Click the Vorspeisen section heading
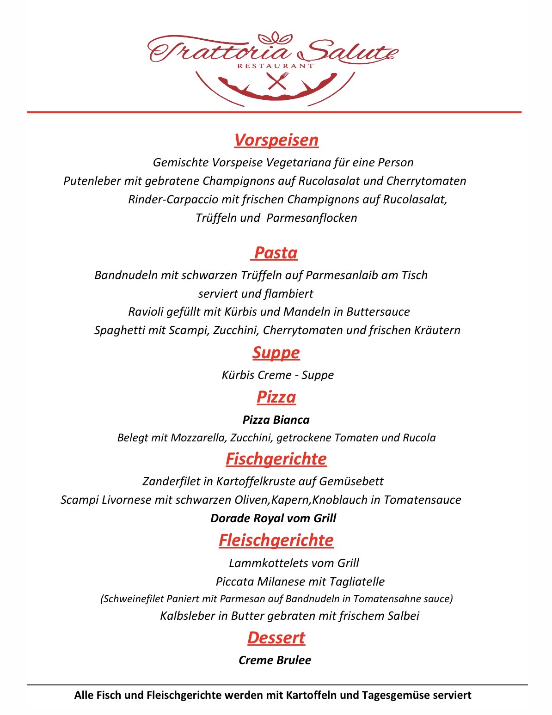click(276, 140)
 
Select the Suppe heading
click(276, 353)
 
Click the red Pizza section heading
click(276, 397)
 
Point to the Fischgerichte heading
click(276, 459)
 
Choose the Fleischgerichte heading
click(276, 540)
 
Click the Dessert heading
click(276, 638)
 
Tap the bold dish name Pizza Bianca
click(276, 420)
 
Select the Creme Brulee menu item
click(275, 660)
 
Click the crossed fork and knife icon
click(277, 81)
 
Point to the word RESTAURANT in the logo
click(276, 66)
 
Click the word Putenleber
click(92, 181)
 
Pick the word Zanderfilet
click(171, 482)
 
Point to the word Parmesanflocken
click(312, 218)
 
